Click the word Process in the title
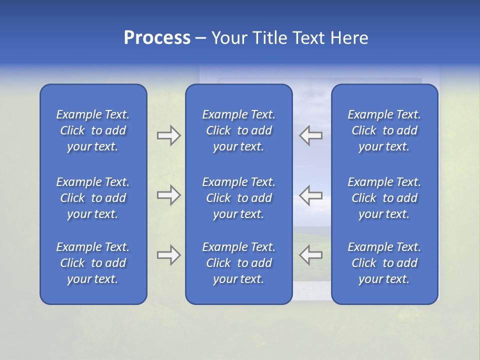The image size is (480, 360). [x=157, y=38]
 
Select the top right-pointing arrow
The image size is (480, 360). [x=169, y=135]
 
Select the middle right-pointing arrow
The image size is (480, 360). [x=169, y=195]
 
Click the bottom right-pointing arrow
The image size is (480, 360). [x=169, y=255]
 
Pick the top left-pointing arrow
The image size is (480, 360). [x=310, y=135]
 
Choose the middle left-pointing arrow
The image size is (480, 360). [x=310, y=195]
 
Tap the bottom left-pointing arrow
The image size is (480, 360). [x=310, y=255]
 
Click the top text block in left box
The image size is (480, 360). [x=93, y=130]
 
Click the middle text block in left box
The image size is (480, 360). [x=93, y=198]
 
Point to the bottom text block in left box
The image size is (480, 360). [x=93, y=263]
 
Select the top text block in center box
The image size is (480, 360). [x=239, y=130]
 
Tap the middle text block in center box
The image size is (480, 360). [x=239, y=198]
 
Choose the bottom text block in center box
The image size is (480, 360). [x=239, y=263]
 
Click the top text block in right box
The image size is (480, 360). [x=384, y=130]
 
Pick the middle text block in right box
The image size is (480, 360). [x=384, y=198]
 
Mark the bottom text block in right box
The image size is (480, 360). [x=384, y=263]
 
